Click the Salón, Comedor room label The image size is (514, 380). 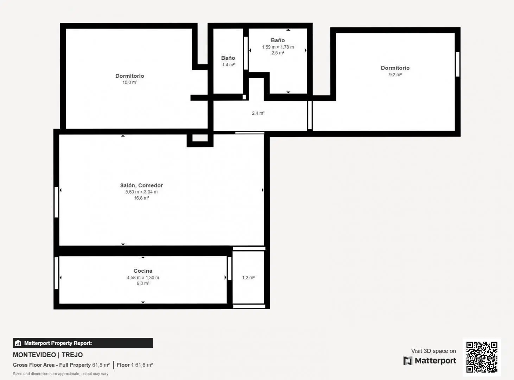pyautogui.click(x=141, y=185)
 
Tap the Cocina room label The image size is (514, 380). pyautogui.click(x=143, y=271)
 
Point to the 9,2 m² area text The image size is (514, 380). pyautogui.click(x=395, y=75)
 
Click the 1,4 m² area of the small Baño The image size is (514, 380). pyautogui.click(x=228, y=64)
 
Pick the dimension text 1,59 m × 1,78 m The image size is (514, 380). pyautogui.click(x=278, y=47)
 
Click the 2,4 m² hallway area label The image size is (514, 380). pyautogui.click(x=258, y=113)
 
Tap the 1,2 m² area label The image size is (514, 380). pyautogui.click(x=248, y=278)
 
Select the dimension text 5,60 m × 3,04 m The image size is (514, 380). pyautogui.click(x=141, y=192)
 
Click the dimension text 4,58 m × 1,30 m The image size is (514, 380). pyautogui.click(x=143, y=277)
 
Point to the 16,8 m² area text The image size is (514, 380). pyautogui.click(x=141, y=198)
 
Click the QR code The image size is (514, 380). pyautogui.click(x=482, y=357)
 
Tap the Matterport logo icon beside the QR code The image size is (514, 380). pyautogui.click(x=408, y=361)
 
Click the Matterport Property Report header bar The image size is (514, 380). pyautogui.click(x=83, y=343)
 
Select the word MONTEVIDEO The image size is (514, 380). pyautogui.click(x=34, y=355)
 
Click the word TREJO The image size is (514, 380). pyautogui.click(x=72, y=355)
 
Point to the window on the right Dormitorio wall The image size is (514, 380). pyautogui.click(x=457, y=64)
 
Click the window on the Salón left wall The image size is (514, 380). pyautogui.click(x=56, y=202)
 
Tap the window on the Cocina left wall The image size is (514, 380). pyautogui.click(x=56, y=273)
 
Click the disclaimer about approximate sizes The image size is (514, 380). pyautogui.click(x=61, y=374)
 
